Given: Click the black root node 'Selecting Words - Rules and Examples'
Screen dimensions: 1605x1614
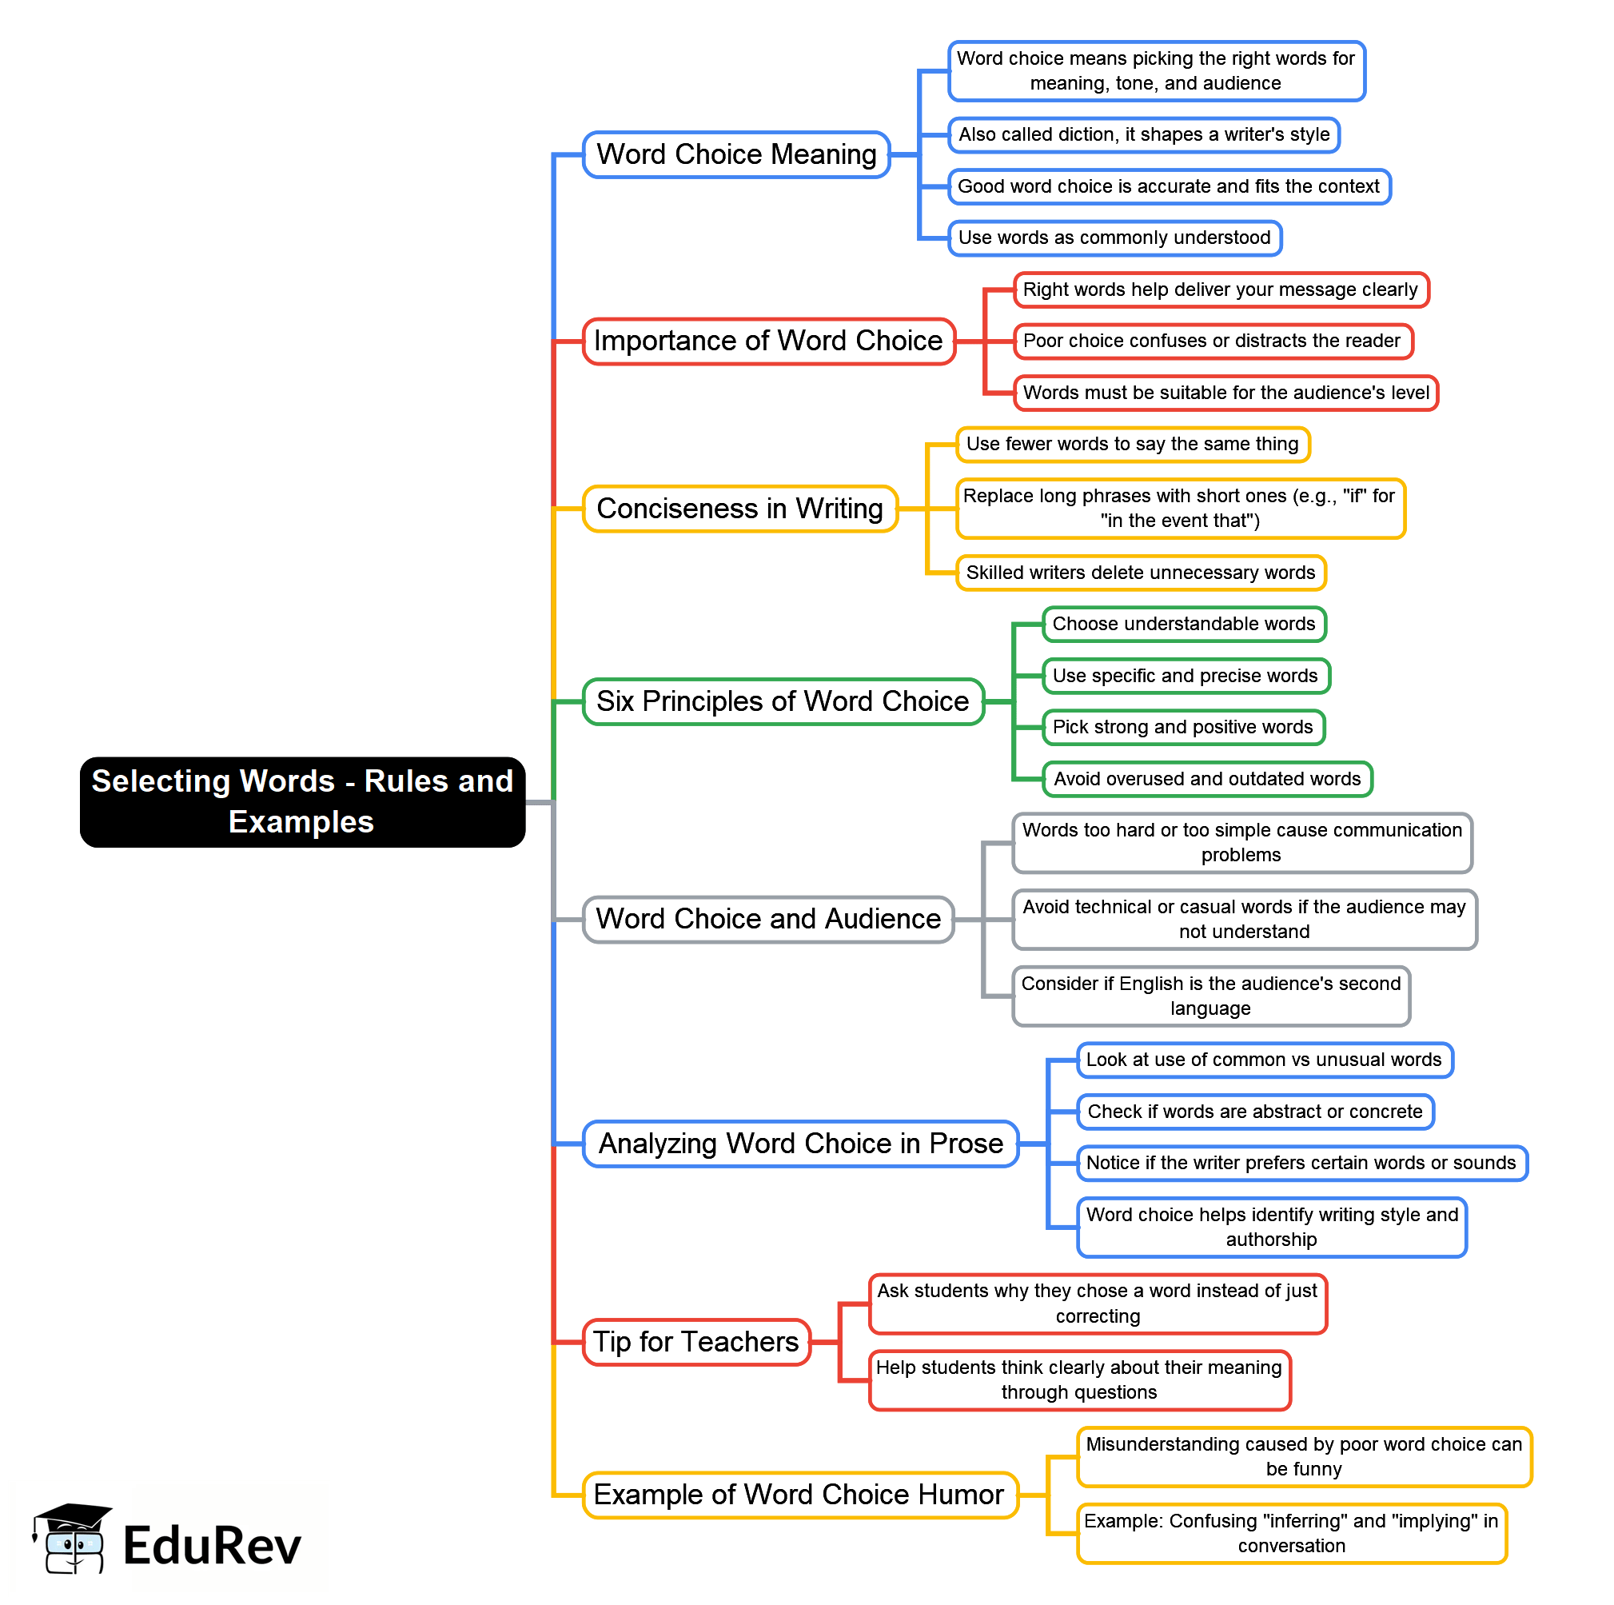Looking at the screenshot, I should pos(302,801).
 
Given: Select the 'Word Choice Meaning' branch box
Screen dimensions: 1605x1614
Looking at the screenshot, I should pos(736,154).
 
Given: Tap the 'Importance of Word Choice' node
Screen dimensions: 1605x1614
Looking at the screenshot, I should pos(767,341).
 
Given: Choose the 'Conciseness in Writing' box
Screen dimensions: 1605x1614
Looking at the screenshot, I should pos(739,508).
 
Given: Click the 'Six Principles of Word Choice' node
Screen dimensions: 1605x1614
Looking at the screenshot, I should pos(782,701).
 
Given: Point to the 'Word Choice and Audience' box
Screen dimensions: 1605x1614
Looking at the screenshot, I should pos(767,918).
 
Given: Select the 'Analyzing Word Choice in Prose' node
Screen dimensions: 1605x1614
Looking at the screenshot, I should pos(800,1143).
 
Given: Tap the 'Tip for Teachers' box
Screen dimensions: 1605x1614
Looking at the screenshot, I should pos(696,1341).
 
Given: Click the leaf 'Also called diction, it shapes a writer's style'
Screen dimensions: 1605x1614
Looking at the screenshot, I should pos(1144,134).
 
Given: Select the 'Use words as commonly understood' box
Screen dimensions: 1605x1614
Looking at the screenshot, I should pos(1114,238).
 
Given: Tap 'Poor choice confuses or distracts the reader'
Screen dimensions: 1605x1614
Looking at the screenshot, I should pos(1212,341).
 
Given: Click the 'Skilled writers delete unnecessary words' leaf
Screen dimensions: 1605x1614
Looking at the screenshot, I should pos(1140,573).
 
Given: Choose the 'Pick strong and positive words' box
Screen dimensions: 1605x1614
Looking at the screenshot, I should pos(1183,727).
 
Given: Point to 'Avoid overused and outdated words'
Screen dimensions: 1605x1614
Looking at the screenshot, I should pos(1207,779).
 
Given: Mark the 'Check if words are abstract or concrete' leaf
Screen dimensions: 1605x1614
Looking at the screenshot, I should pos(1255,1112).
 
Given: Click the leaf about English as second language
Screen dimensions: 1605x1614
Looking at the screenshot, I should pos(1210,996).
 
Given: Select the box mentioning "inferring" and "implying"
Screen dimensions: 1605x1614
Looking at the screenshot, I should pos(1292,1533).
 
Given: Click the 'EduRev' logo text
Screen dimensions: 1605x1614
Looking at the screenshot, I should pos(212,1546).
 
